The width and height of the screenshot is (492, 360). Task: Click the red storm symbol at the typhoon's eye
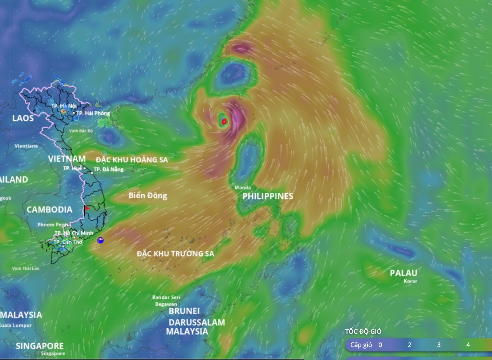click(x=224, y=121)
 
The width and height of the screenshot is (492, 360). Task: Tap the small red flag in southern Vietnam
click(x=87, y=208)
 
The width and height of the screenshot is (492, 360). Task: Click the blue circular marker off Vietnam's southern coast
click(x=100, y=240)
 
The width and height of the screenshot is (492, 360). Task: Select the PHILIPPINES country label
click(x=268, y=196)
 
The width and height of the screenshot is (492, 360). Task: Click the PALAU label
click(x=403, y=273)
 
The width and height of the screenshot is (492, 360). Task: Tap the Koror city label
click(x=410, y=281)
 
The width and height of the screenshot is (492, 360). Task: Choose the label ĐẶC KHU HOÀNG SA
click(x=132, y=160)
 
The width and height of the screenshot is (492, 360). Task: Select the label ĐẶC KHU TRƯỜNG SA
click(x=175, y=254)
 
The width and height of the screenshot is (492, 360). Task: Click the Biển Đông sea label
click(x=147, y=196)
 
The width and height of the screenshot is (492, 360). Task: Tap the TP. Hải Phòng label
click(x=93, y=113)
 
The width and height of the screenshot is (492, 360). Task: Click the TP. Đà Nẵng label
click(x=108, y=169)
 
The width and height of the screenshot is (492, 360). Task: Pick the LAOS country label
click(x=23, y=118)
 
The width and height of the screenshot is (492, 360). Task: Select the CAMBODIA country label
click(x=49, y=210)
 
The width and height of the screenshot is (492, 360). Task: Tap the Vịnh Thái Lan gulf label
click(x=26, y=268)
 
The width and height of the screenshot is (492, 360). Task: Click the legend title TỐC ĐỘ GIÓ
click(x=363, y=331)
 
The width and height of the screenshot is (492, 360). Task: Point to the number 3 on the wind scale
click(x=439, y=345)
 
